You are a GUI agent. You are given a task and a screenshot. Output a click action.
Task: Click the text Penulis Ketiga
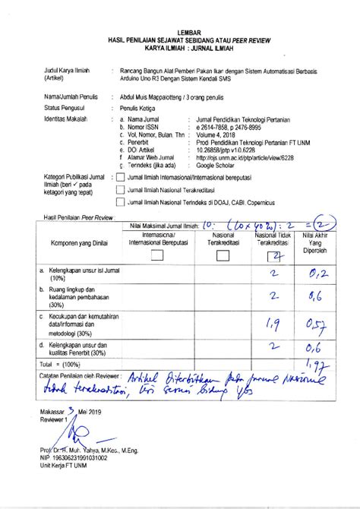(141, 108)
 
